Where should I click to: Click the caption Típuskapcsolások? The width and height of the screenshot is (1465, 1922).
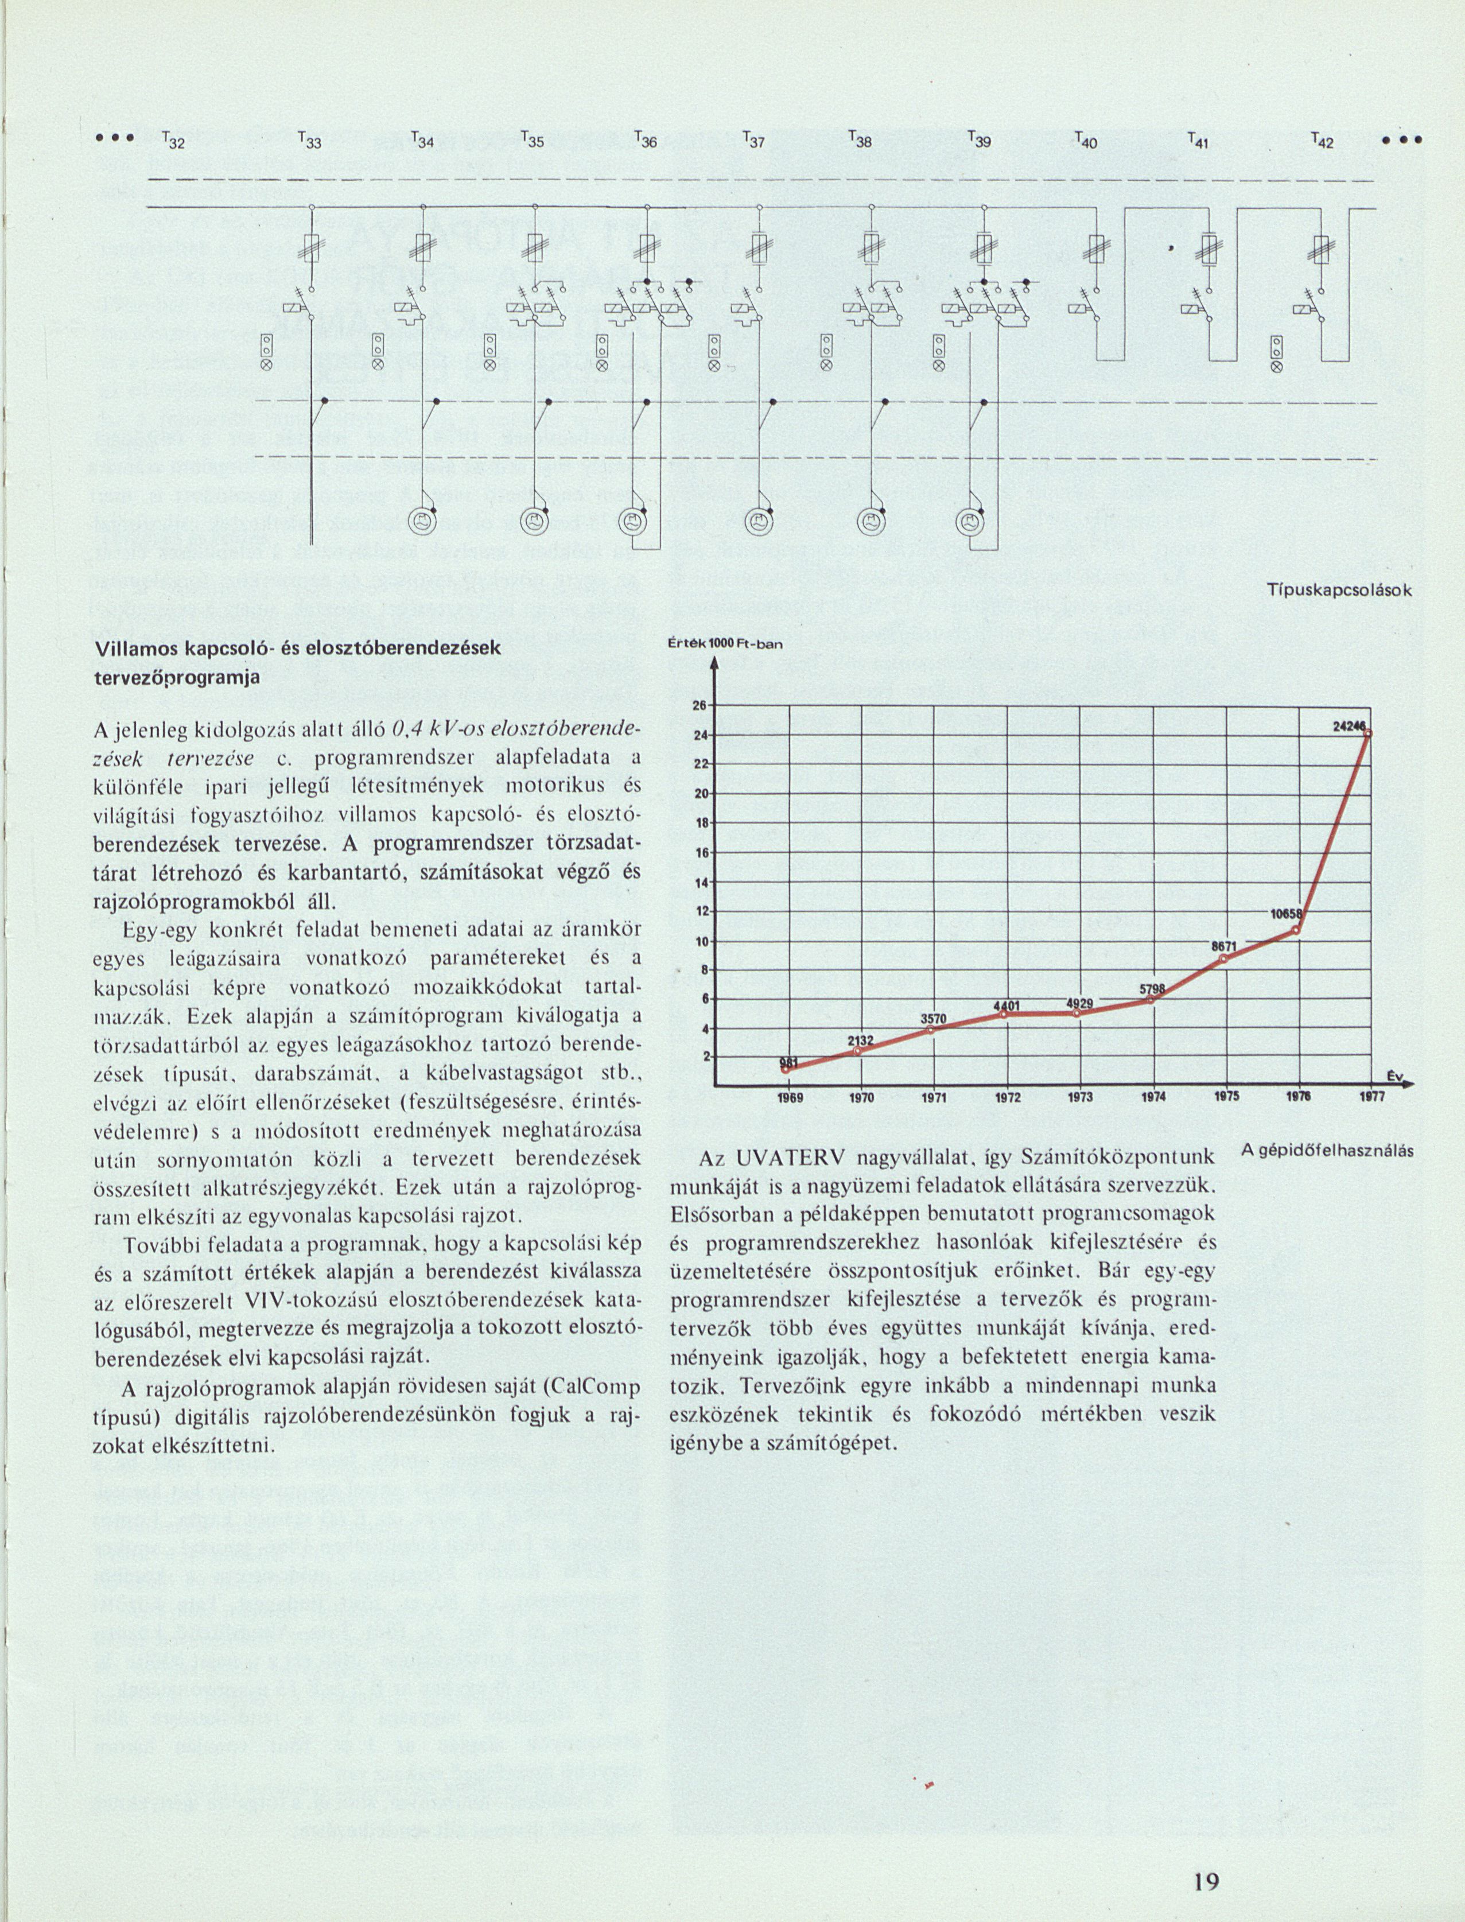pyautogui.click(x=1339, y=591)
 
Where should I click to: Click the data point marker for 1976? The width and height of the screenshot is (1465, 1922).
pyautogui.click(x=1296, y=930)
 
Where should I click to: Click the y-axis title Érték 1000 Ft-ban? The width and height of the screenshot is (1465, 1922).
pyautogui.click(x=725, y=643)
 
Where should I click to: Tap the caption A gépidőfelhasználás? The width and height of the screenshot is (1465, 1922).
pyautogui.click(x=1326, y=1151)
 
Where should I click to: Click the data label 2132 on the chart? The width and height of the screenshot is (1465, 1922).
pyautogui.click(x=861, y=1040)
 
